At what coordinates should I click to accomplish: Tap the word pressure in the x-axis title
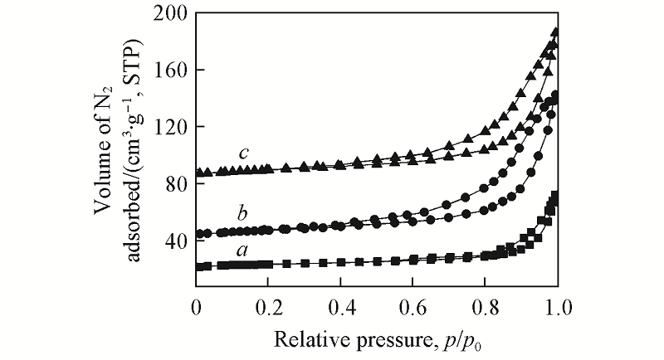point(384,339)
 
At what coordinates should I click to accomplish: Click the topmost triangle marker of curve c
point(556,32)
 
